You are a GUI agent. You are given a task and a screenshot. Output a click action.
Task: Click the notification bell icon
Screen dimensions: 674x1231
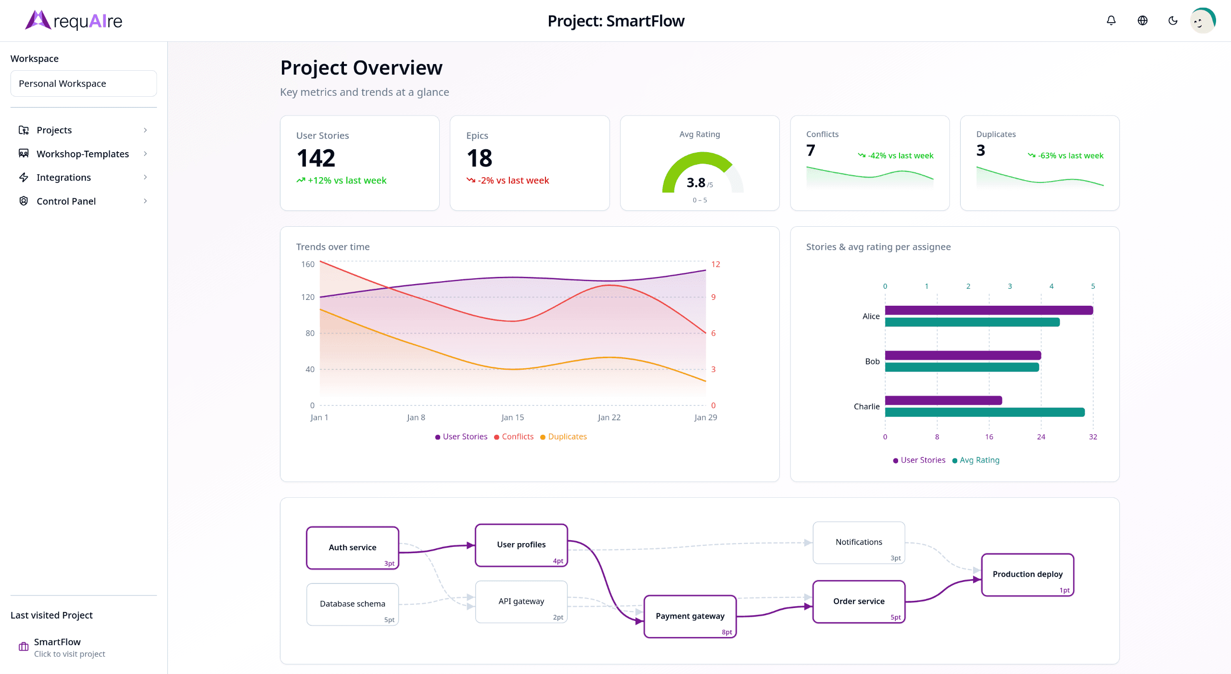tap(1111, 21)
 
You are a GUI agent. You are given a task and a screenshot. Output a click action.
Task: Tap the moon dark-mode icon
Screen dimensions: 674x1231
tap(1173, 21)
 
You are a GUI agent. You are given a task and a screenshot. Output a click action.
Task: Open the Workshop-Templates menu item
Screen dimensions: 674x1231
tap(83, 154)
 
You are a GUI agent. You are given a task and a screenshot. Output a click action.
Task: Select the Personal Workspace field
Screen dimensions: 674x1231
tap(83, 83)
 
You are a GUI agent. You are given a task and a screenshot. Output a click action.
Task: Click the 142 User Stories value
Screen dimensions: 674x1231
tap(316, 158)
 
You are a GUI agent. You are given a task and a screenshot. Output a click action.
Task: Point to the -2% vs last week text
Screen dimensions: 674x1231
tap(513, 180)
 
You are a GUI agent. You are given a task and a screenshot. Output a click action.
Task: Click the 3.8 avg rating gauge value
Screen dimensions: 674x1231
tap(696, 183)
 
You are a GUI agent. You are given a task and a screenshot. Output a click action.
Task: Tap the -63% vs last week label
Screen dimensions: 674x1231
tap(1070, 156)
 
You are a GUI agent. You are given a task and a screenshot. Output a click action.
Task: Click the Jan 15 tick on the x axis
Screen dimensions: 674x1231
tap(512, 417)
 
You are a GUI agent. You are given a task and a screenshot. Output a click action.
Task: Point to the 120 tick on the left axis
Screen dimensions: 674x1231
tap(307, 297)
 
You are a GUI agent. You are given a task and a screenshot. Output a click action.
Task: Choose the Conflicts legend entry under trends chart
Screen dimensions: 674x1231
tap(517, 437)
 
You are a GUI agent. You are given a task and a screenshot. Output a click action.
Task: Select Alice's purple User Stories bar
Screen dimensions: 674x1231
tap(989, 310)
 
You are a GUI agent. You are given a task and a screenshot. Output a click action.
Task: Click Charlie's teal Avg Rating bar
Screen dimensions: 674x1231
tap(984, 412)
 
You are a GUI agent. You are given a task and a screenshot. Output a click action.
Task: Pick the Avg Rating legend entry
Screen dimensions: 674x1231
tap(979, 460)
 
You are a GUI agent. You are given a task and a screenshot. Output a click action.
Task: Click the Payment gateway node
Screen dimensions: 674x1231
tap(690, 616)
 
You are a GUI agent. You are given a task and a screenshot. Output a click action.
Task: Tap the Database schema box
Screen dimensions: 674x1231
tap(352, 604)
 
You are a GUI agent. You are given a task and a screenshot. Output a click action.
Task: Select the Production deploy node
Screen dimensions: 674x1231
tap(1027, 574)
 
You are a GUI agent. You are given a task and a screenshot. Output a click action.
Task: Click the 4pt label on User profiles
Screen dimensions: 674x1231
tap(558, 561)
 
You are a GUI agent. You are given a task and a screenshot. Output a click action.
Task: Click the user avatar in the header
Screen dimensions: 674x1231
tap(1202, 21)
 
